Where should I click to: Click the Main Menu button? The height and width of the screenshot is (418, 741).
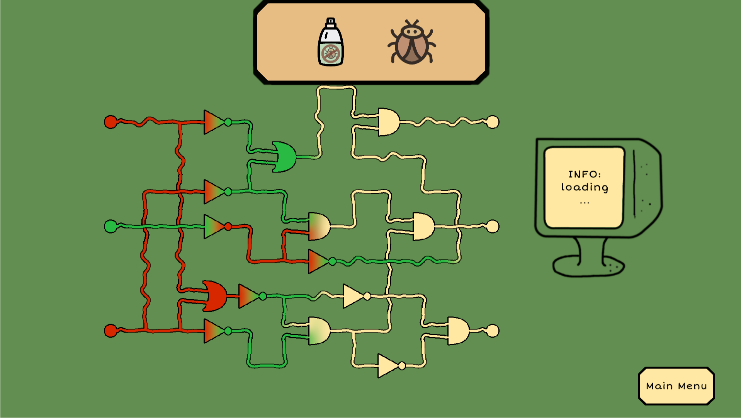point(676,386)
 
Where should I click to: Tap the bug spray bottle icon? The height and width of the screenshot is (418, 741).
point(330,43)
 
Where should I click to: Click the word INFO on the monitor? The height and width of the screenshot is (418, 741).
point(584,174)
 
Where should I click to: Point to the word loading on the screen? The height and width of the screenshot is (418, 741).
point(584,188)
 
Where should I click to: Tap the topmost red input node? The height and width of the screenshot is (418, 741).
point(110,122)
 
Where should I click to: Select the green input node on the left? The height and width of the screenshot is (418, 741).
point(110,226)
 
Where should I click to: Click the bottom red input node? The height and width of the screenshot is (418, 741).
point(110,331)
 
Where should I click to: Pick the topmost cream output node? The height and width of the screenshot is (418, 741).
point(493,122)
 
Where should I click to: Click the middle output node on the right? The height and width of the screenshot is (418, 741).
point(493,226)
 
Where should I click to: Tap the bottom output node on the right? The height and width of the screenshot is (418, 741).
point(493,331)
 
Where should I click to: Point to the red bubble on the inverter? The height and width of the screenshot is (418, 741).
point(228,227)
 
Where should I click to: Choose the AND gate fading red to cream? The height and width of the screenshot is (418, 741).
point(319,226)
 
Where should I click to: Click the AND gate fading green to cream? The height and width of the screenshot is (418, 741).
point(319,331)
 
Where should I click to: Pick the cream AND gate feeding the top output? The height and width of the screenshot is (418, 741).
point(388,122)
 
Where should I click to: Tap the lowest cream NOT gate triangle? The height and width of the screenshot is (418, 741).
point(387,365)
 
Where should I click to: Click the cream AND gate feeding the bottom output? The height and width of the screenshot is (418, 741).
point(458,331)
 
